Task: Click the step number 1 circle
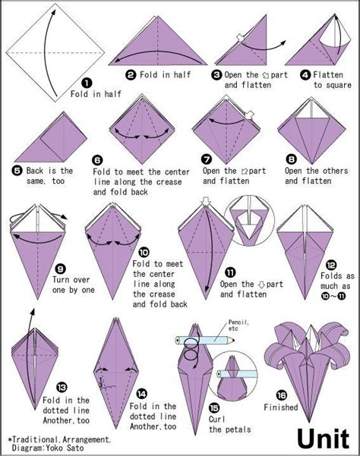pos(87,83)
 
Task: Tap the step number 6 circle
pos(97,160)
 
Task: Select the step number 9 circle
pos(60,269)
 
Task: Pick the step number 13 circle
pos(62,387)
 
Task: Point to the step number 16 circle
pos(282,395)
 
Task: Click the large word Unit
pos(324,439)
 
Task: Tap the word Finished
pos(281,407)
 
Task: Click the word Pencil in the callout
pos(238,322)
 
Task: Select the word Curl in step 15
pos(216,419)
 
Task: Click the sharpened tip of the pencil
pos(234,340)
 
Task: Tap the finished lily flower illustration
pos(308,370)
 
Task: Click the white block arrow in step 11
pos(206,200)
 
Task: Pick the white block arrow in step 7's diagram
pos(249,115)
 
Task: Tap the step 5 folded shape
pos(51,137)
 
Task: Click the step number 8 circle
pos(292,159)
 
